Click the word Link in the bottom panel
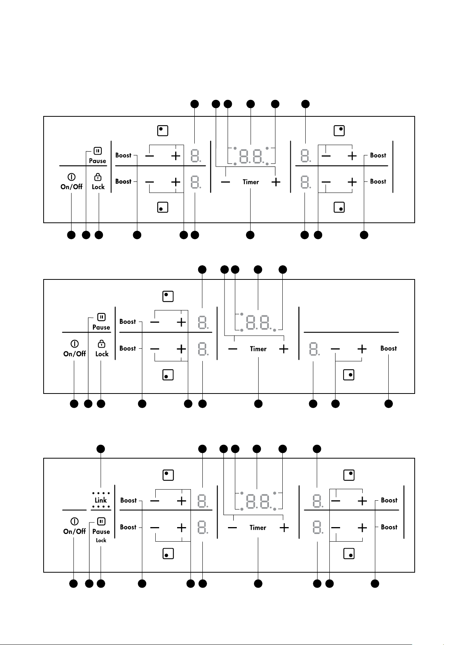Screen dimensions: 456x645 101,500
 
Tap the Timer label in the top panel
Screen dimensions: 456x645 251,182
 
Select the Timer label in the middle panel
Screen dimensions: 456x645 258,349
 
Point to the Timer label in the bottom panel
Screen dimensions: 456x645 258,527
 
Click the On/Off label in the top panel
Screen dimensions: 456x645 72,187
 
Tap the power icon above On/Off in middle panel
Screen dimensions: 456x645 74,344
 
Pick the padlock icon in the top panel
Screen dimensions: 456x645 98,176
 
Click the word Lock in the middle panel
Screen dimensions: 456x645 102,354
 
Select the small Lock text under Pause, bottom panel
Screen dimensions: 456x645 101,540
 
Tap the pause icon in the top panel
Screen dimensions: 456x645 98,150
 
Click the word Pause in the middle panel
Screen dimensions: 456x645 101,327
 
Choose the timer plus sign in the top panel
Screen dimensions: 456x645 275,182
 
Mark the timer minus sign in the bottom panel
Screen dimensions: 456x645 232,528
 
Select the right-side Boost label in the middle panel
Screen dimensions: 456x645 388,348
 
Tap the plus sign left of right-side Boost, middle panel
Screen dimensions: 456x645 362,349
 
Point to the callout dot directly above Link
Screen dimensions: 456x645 101,449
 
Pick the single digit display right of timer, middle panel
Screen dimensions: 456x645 314,349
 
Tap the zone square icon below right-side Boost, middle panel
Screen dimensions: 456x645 349,375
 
